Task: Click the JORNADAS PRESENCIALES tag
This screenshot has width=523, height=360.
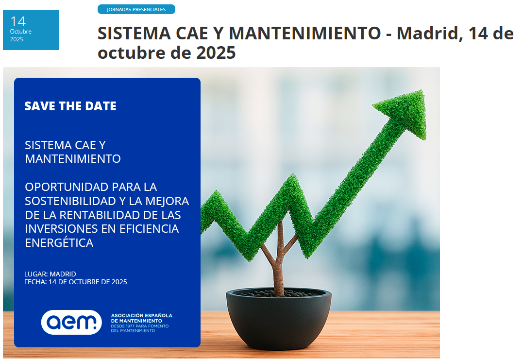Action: (136, 9)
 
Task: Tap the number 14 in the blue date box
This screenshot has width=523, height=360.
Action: (18, 22)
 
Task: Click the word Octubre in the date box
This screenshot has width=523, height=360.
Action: (21, 32)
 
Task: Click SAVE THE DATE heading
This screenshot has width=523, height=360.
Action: (70, 106)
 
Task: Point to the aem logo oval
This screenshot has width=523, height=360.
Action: (71, 322)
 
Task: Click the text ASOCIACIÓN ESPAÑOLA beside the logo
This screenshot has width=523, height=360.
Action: (142, 315)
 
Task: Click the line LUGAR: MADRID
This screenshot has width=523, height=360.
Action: (50, 274)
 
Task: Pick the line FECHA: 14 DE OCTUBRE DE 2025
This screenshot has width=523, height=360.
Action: (76, 282)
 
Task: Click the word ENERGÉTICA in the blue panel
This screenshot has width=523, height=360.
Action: (59, 242)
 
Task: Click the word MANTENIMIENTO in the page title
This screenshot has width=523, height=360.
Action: (305, 34)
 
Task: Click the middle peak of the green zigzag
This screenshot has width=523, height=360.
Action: (293, 176)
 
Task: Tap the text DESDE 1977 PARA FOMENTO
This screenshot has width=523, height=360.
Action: (140, 326)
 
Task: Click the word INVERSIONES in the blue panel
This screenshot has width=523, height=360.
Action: (59, 228)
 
